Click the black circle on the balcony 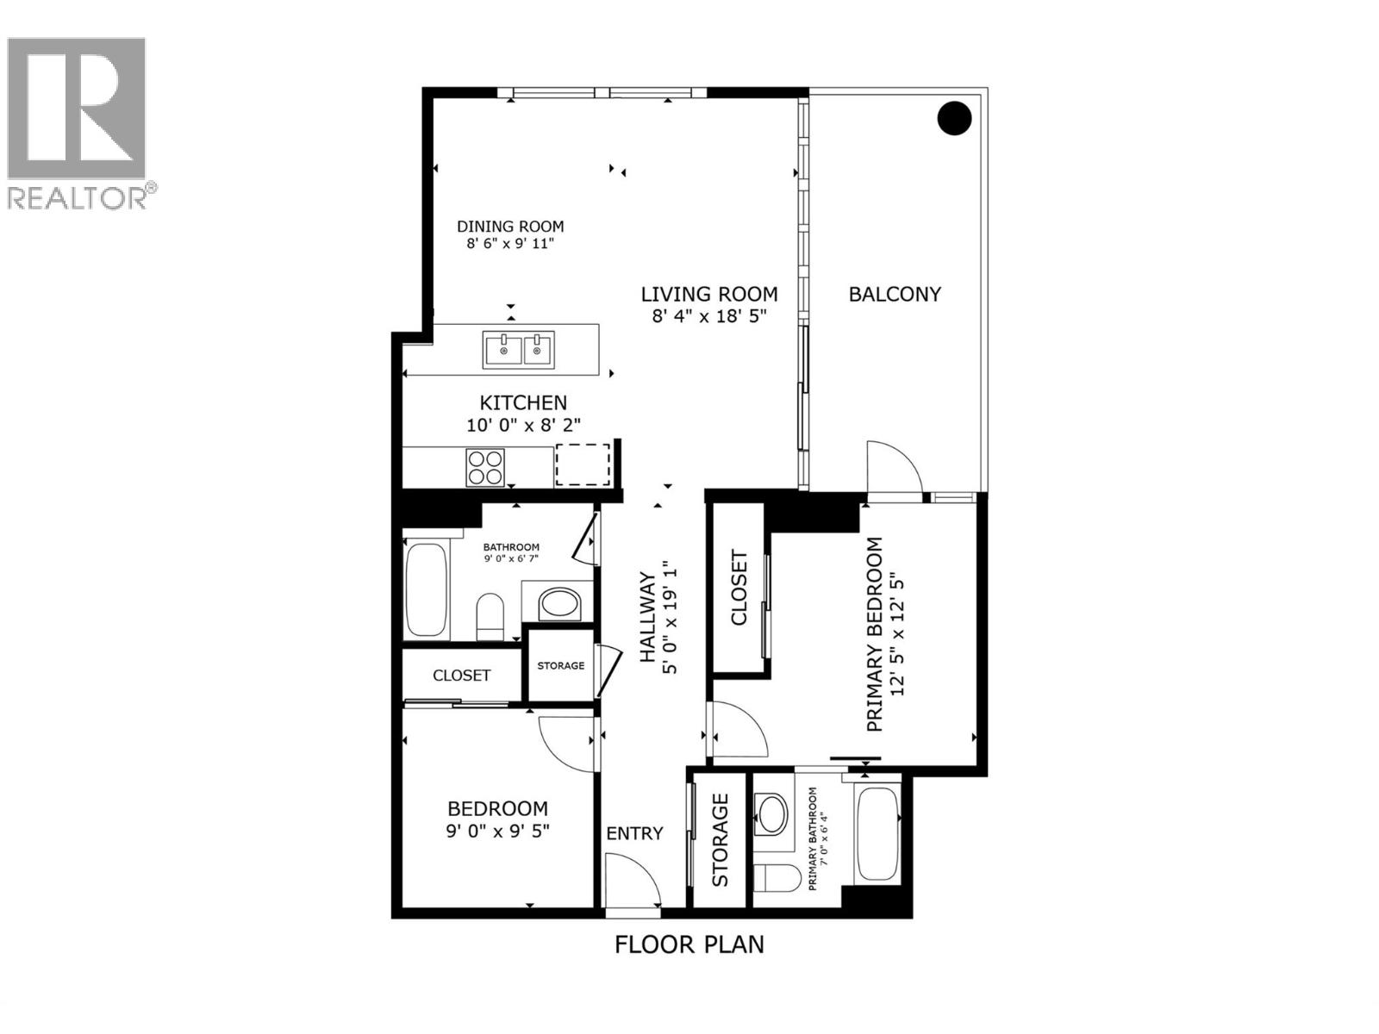(x=954, y=118)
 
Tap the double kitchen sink (x=518, y=350)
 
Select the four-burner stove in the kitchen (x=485, y=467)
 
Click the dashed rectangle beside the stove (x=583, y=464)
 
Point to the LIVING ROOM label (x=708, y=295)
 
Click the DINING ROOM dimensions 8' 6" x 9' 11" (x=510, y=244)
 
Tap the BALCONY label (x=895, y=294)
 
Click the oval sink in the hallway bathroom (x=561, y=603)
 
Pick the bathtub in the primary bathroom (x=877, y=834)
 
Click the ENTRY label (x=634, y=833)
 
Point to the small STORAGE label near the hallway (x=560, y=665)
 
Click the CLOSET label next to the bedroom (x=461, y=676)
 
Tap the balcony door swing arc (x=895, y=470)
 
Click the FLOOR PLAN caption (x=689, y=944)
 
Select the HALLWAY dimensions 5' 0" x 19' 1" (x=671, y=618)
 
